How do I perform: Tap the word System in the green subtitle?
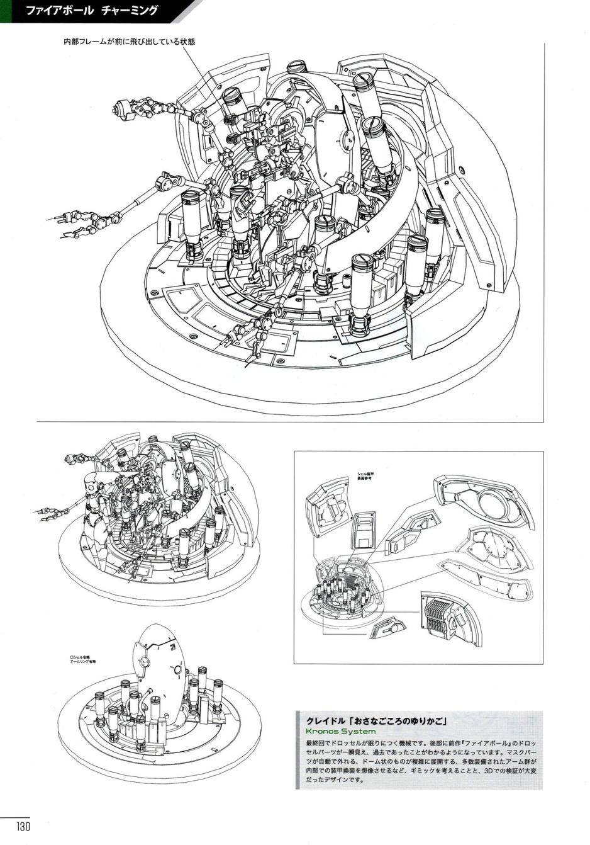[359, 731]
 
